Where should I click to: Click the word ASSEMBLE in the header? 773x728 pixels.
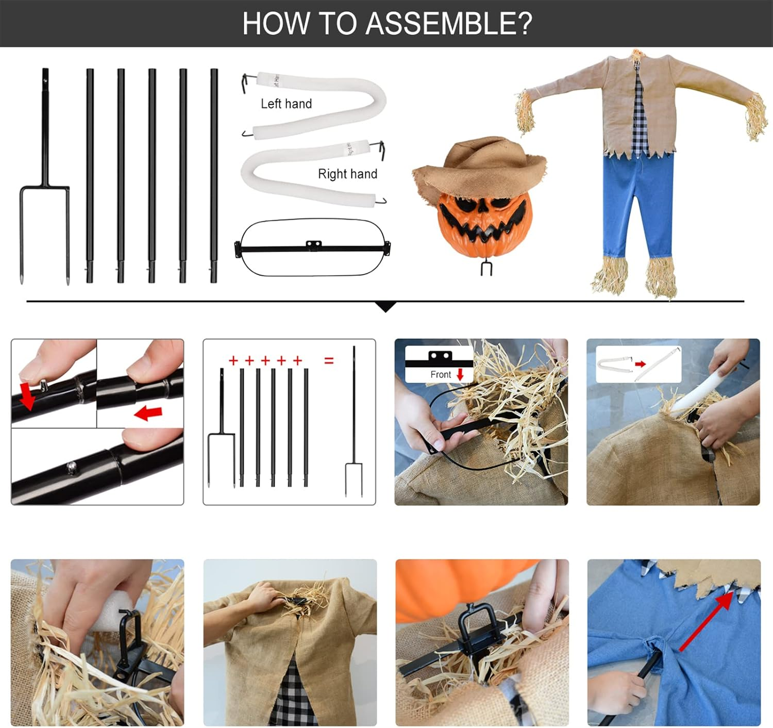tap(449, 24)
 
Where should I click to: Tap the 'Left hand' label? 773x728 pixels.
tap(286, 104)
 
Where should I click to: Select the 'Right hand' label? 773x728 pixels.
tap(347, 174)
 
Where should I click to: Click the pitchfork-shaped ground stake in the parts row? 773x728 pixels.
tap(44, 176)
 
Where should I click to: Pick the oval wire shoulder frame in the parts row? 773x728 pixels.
tap(312, 247)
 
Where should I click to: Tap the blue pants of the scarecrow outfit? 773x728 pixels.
tap(638, 206)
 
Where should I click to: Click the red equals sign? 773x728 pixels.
tap(329, 361)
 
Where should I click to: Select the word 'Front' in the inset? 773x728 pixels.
tap(440, 374)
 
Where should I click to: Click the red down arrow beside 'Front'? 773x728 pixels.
tap(460, 375)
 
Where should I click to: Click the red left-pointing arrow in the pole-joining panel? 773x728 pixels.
tap(148, 413)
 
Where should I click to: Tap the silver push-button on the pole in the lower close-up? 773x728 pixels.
tap(71, 467)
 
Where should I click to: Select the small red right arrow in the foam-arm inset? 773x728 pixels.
tap(640, 364)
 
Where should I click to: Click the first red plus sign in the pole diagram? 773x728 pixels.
tap(233, 361)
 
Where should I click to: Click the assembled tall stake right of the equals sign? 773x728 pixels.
tap(354, 421)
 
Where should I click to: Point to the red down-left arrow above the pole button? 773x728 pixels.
tap(27, 396)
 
